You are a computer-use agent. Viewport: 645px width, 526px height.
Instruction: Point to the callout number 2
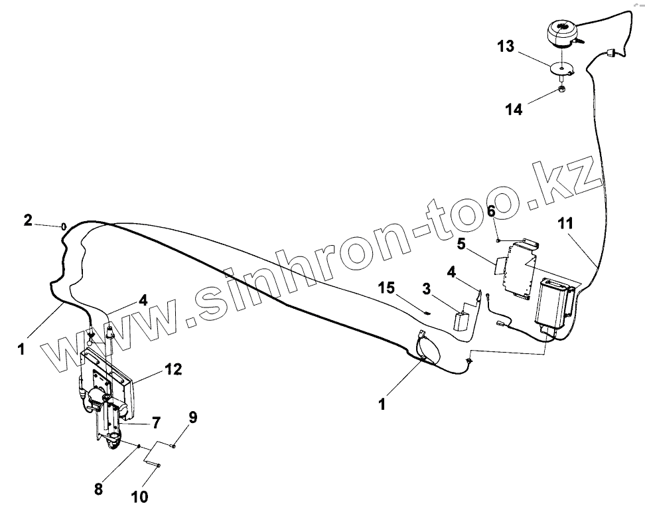[27, 220]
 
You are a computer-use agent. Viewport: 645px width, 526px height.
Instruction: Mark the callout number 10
[98, 489]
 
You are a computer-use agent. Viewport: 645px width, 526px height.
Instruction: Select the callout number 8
[193, 418]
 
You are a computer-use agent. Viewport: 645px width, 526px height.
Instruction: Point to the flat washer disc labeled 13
[561, 67]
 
